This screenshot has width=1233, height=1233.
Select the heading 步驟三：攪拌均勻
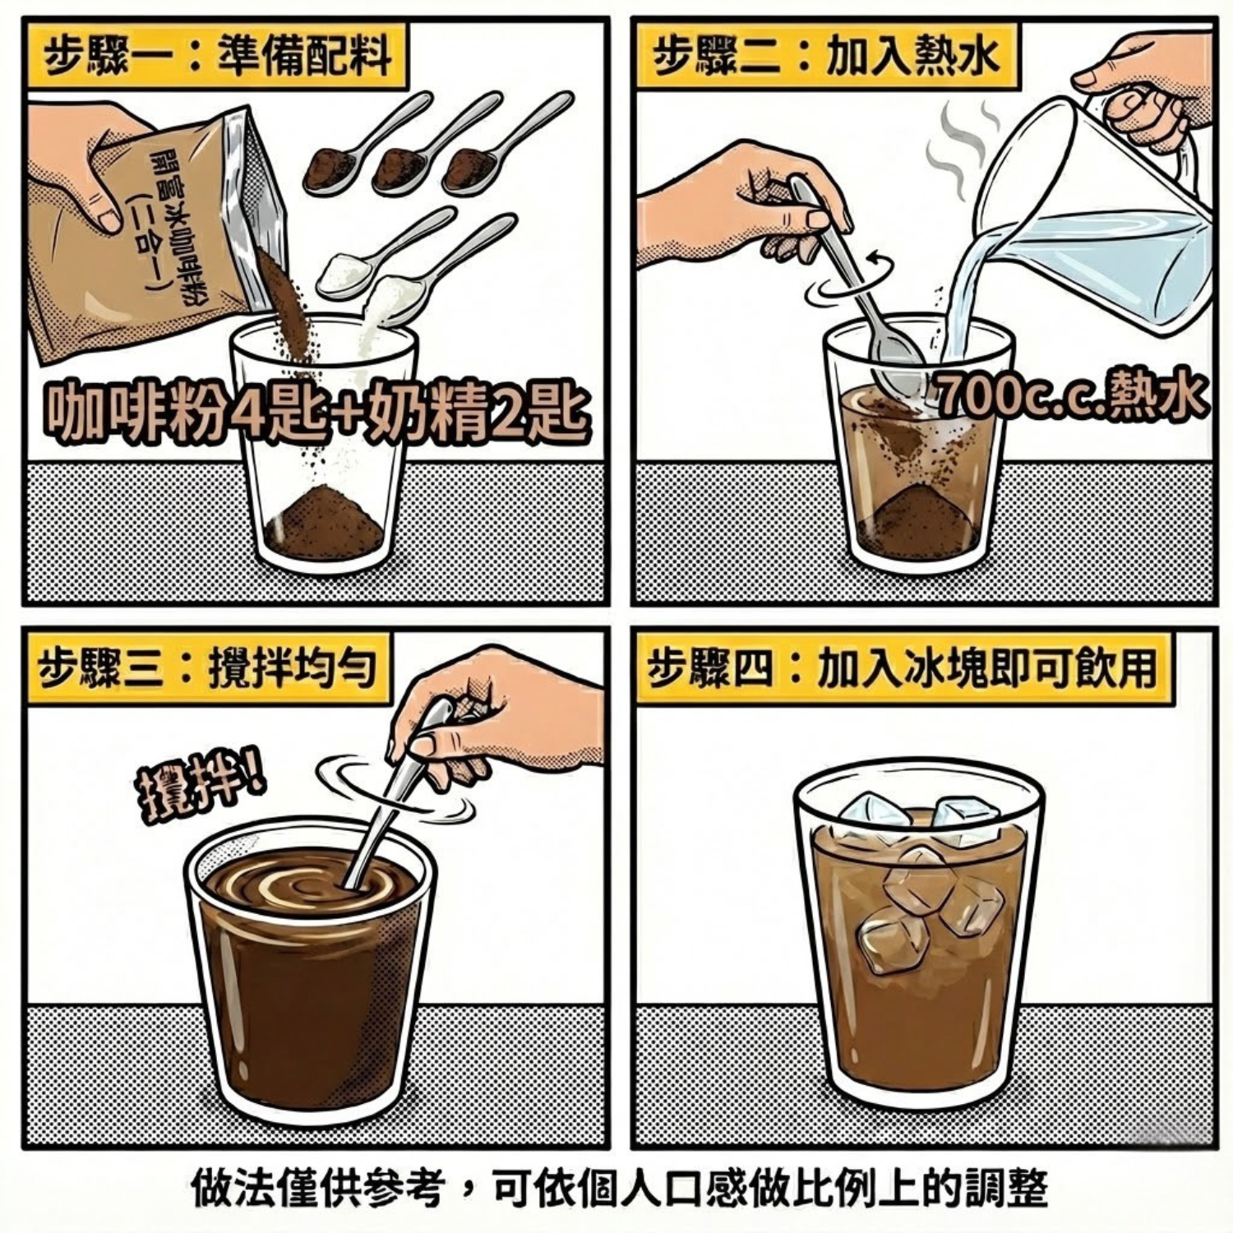(206, 667)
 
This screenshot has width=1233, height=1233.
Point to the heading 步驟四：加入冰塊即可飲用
(900, 667)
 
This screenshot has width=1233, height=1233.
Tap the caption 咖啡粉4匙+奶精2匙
(316, 409)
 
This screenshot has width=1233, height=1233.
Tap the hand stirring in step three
(493, 723)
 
